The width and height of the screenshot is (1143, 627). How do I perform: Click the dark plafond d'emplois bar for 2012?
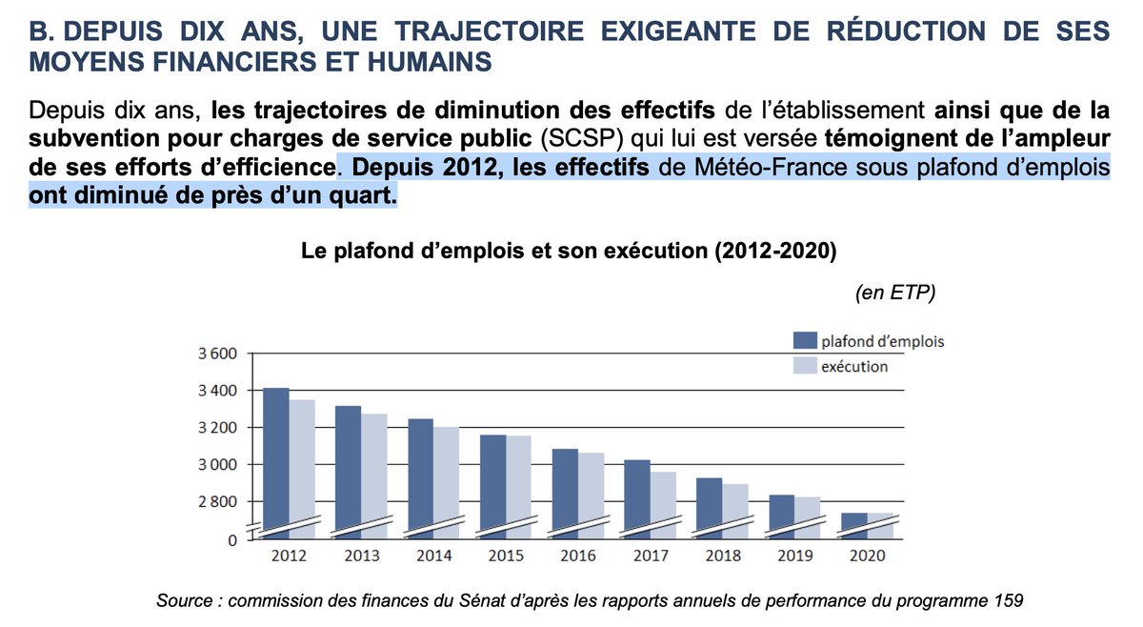276,462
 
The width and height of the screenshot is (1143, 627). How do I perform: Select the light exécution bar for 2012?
302,467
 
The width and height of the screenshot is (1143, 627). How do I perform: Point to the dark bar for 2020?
853,525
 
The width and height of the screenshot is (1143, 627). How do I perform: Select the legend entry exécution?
855,366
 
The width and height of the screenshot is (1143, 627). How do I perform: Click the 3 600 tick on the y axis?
215,354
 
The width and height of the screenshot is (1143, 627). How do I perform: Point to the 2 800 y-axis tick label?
215,501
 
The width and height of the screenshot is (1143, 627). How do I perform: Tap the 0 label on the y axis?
231,539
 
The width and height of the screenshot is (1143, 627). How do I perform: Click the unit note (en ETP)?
894,293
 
